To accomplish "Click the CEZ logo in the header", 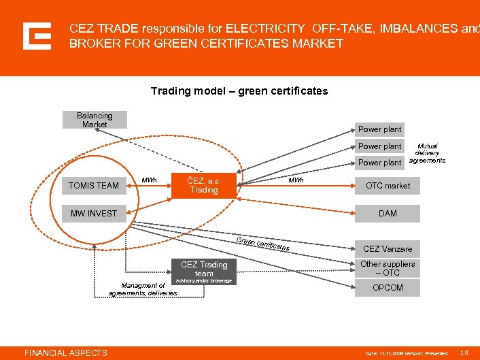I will pos(37,36).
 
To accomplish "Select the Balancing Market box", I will pos(95,120).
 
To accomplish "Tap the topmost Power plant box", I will pos(379,129).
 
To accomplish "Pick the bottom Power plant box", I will pos(379,163).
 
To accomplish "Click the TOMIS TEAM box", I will pos(94,185).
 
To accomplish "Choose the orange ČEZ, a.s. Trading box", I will pos(204,185).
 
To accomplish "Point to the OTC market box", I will pos(388,185).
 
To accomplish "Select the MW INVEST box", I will pos(94,214).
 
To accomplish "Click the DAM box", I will pos(388,214).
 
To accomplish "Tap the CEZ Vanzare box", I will pos(388,249).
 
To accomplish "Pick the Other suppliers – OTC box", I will pos(388,268).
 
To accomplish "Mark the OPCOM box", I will pos(388,288).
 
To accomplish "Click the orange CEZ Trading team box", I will pos(204,269).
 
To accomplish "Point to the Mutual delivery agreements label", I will pos(427,153).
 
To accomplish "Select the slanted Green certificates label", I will pos(264,245).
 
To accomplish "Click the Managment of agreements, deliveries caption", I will pos(143,289).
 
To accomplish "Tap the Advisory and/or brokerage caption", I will pos(204,281).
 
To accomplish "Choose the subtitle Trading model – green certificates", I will pos(239,91).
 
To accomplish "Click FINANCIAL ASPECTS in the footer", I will pos(66,353).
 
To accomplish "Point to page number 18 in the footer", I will pos(464,353).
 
